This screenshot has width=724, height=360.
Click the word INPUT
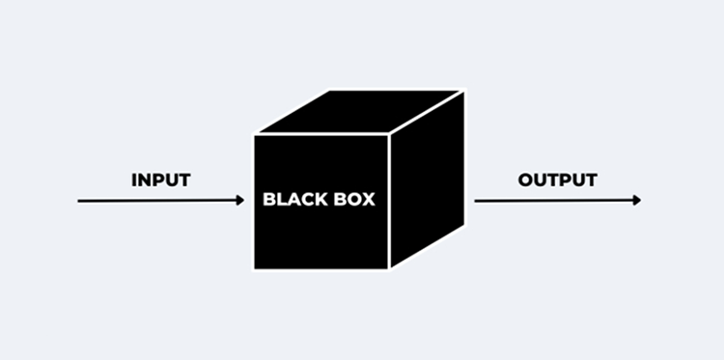[160, 180]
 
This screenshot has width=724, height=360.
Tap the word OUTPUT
[557, 180]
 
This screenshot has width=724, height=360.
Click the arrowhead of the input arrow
[240, 201]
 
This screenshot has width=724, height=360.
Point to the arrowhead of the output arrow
[636, 201]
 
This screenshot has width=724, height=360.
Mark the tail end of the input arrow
[79, 201]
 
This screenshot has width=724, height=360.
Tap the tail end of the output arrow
[476, 201]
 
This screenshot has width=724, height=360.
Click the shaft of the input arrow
[159, 201]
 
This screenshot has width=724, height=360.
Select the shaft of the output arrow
[555, 201]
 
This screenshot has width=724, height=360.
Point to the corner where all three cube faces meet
[389, 134]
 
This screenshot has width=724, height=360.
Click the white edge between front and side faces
[389, 203]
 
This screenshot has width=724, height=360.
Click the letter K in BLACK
[323, 201]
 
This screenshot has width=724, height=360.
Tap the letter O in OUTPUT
[526, 180]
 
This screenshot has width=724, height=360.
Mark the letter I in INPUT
[133, 180]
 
